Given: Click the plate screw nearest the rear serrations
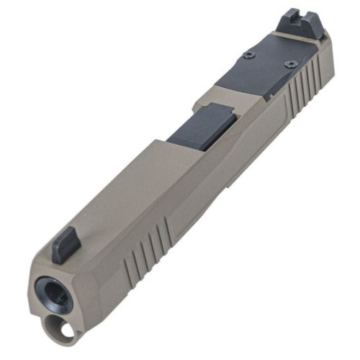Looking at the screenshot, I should tap(290, 63).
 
